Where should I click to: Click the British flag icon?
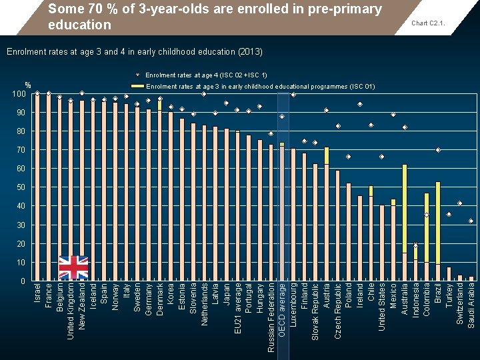coord(73,267)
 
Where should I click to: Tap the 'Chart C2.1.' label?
coord(428,23)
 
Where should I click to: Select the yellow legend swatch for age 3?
coord(137,86)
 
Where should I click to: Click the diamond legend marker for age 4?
coord(137,75)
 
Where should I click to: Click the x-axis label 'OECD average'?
coord(282,309)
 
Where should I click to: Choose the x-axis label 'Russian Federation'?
coord(271,317)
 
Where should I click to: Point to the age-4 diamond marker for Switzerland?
coord(460,203)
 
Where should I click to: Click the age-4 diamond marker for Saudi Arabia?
coord(471,221)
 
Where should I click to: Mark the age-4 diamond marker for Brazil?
coord(438,150)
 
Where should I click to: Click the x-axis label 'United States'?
coord(382,311)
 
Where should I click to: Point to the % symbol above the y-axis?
coord(28,85)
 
